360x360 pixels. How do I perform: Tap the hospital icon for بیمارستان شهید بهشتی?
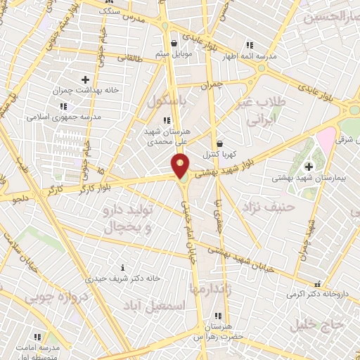coord(309,167)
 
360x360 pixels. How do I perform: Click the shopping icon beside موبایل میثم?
coord(165,44)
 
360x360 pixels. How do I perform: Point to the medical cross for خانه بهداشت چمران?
coord(86,79)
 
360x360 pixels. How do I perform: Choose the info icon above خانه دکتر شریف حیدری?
coord(124,267)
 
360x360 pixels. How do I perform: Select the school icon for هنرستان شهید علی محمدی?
coord(166,121)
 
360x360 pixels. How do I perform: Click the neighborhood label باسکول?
coord(168,101)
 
